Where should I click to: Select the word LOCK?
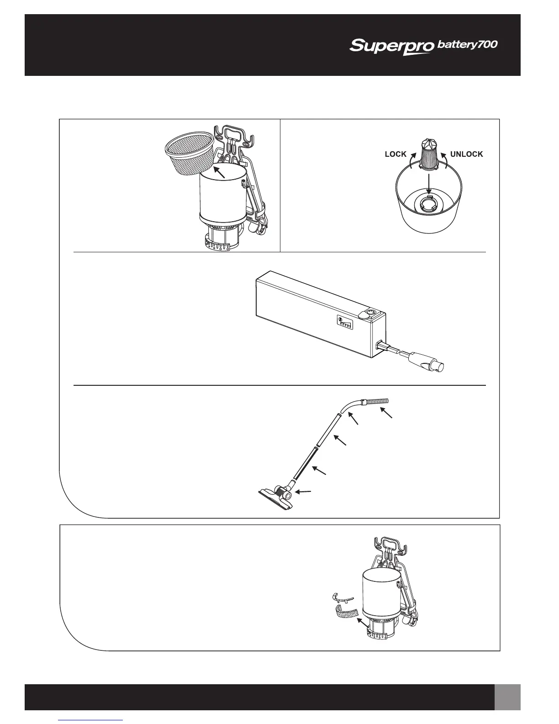[x=396, y=154]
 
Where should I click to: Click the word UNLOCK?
[x=466, y=154]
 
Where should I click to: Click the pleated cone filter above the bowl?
[x=428, y=152]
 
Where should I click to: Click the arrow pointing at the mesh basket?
[x=220, y=172]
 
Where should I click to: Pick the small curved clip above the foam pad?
[x=342, y=598]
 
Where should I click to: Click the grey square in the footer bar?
[x=507, y=697]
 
